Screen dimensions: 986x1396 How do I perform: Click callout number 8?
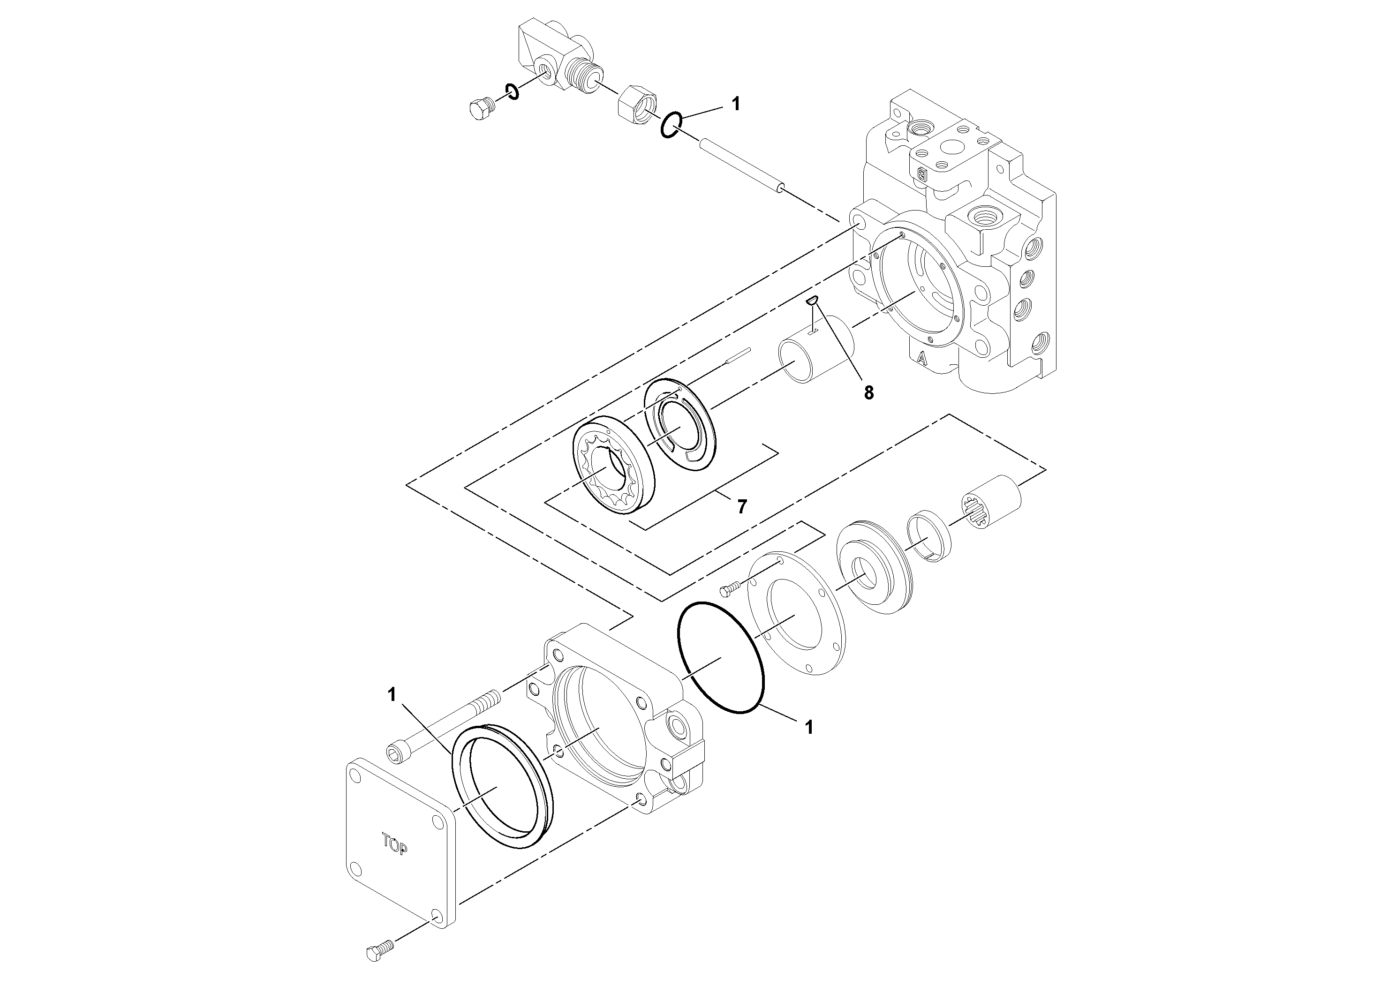click(x=869, y=393)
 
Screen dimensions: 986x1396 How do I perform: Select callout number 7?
click(x=741, y=506)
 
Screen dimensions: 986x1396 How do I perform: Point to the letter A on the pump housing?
click(x=922, y=359)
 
